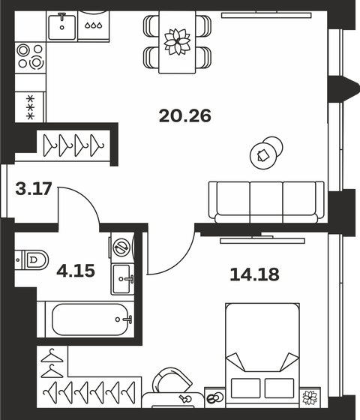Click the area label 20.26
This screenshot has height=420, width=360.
click(185, 116)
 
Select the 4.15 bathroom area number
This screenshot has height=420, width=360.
click(76, 269)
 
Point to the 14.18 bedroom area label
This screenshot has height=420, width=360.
click(254, 274)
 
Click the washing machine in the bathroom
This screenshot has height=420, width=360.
click(120, 247)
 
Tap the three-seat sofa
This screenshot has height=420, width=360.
click(268, 201)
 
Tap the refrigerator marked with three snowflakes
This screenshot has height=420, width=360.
click(31, 105)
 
